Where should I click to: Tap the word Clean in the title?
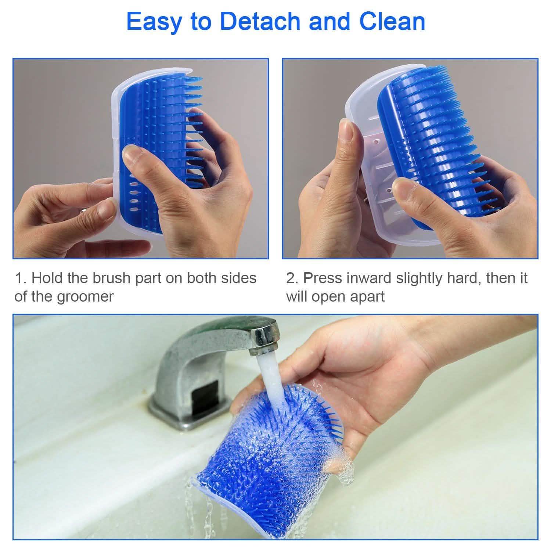pyautogui.click(x=392, y=21)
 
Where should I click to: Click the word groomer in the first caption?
pyautogui.click(x=85, y=296)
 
